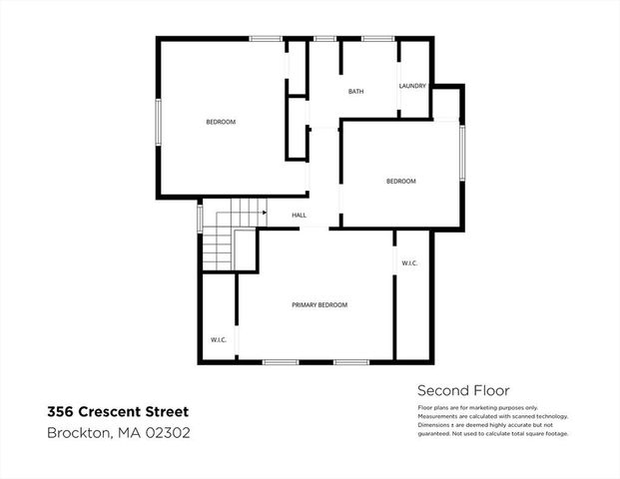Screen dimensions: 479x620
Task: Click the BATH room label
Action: click(x=355, y=92)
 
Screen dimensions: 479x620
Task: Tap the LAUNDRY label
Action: click(x=412, y=86)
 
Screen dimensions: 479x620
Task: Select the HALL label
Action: click(x=299, y=215)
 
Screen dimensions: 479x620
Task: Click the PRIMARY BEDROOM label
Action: click(x=319, y=304)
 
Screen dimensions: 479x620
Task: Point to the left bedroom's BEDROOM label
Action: click(x=221, y=122)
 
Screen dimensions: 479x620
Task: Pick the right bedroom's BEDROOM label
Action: click(x=400, y=181)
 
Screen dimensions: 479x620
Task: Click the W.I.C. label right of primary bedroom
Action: click(x=409, y=263)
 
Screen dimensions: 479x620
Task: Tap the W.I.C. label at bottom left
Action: click(x=219, y=340)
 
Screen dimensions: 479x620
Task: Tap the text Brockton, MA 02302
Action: click(x=119, y=433)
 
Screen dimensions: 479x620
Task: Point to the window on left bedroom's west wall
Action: click(x=158, y=122)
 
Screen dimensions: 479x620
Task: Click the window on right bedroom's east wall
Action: click(x=461, y=152)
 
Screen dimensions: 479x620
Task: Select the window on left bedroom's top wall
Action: click(x=265, y=39)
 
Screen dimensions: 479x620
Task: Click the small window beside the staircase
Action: click(x=200, y=217)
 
